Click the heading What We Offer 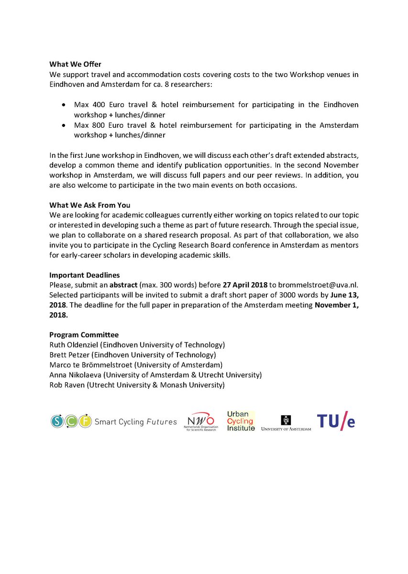tap(75, 65)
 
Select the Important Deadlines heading tap(84, 275)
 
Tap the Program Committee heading tap(84, 335)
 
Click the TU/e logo tap(336, 421)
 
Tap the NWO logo tap(201, 421)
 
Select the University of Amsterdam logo tap(286, 423)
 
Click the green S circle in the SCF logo tap(57, 421)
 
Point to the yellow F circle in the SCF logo tap(86, 421)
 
